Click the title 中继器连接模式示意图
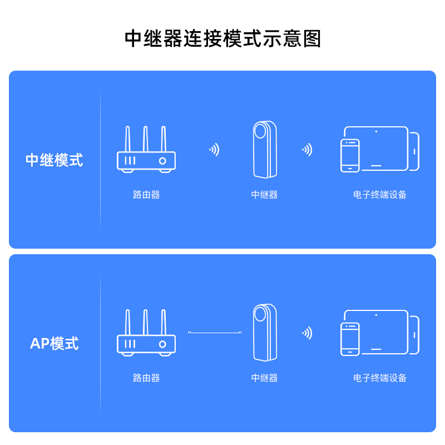click(223, 38)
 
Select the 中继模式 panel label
click(54, 160)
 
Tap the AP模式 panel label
click(54, 343)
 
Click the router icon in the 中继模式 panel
click(146, 149)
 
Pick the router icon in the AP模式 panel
click(146, 333)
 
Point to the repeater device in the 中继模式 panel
click(265, 150)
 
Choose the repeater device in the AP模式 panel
click(265, 333)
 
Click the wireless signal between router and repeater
click(215, 150)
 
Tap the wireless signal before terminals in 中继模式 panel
click(308, 150)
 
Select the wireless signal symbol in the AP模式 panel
click(308, 333)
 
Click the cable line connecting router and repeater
click(215, 332)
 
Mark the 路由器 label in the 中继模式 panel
click(146, 195)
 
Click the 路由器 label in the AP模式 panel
click(146, 378)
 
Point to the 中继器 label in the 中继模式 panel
click(265, 195)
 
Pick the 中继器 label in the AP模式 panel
click(265, 378)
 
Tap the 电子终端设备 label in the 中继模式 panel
click(380, 195)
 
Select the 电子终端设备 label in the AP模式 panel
click(380, 378)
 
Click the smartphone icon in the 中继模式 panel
click(350, 156)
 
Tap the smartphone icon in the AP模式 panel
click(350, 339)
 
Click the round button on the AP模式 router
click(162, 344)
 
